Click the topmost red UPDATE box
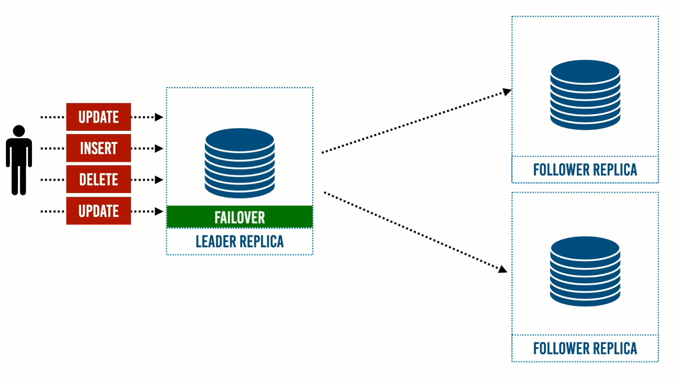click(99, 117)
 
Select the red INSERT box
click(99, 148)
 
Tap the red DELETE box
click(99, 179)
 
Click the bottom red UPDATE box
click(99, 211)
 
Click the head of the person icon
click(19, 131)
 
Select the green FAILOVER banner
click(240, 217)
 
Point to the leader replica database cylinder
click(240, 163)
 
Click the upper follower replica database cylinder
click(585, 95)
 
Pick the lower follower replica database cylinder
click(585, 271)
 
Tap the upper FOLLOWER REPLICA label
click(585, 170)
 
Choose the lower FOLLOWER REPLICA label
click(585, 348)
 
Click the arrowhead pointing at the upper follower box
click(507, 92)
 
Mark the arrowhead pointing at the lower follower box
click(503, 269)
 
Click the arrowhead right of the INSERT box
click(159, 149)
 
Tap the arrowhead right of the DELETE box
click(159, 180)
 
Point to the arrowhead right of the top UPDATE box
click(159, 117)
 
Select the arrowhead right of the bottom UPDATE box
click(159, 211)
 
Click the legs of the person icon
click(19, 181)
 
